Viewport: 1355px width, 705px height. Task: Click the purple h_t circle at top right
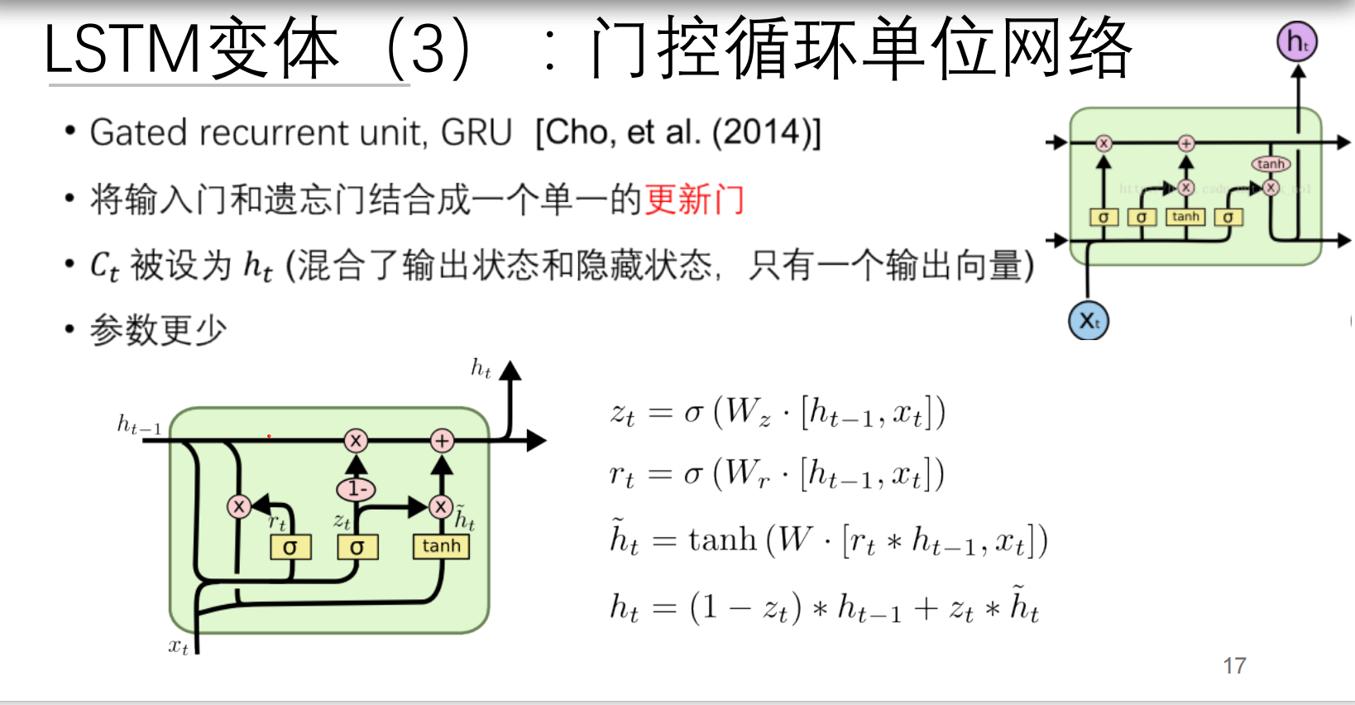[x=1297, y=41]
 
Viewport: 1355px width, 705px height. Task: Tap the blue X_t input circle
[x=1089, y=321]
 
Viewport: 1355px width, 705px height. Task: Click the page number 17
[x=1234, y=666]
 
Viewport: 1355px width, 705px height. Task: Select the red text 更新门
[x=694, y=199]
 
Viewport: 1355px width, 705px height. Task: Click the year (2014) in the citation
[x=762, y=132]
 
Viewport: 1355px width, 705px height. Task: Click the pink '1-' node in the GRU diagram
[x=357, y=489]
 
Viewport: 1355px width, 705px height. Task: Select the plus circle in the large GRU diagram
[x=443, y=440]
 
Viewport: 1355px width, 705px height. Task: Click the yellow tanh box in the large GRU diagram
[x=441, y=546]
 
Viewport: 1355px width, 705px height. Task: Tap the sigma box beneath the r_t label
[x=290, y=547]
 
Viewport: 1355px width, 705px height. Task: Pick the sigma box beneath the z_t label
[x=357, y=547]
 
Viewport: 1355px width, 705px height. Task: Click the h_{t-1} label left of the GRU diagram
[x=139, y=426]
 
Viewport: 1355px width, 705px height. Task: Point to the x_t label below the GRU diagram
[x=179, y=646]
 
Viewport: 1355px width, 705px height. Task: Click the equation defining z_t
[x=778, y=412]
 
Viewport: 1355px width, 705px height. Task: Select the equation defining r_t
[x=777, y=475]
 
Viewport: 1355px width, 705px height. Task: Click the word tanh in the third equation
[x=722, y=540]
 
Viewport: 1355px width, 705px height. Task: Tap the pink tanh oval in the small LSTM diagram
[x=1270, y=164]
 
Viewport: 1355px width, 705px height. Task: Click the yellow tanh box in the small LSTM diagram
[x=1185, y=217]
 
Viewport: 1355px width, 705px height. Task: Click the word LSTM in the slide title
[x=122, y=50]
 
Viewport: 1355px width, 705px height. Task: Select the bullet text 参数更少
[x=158, y=329]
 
